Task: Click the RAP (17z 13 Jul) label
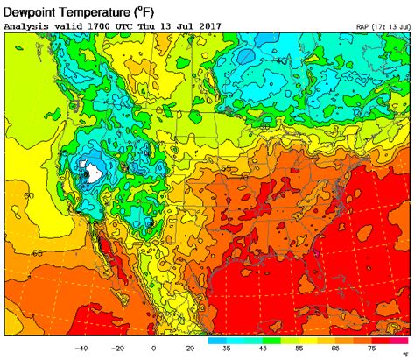(x=383, y=27)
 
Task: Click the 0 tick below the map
(x=154, y=347)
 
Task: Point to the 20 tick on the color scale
(x=189, y=347)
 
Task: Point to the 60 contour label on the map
(x=29, y=195)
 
